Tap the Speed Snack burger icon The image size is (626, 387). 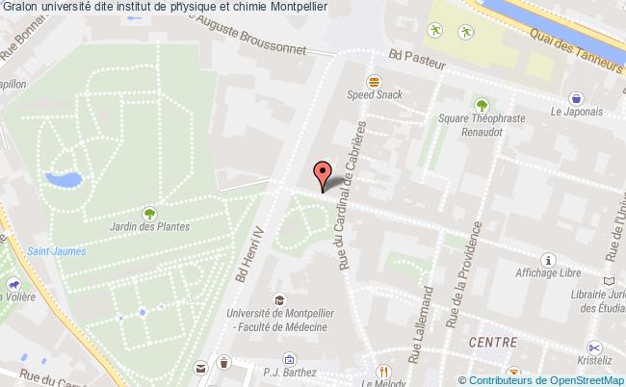click(x=373, y=81)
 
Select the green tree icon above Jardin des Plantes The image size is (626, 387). click(x=149, y=212)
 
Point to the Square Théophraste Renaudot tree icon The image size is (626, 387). click(x=481, y=105)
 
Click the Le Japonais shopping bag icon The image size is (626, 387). click(x=576, y=97)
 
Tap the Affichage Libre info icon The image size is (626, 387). click(x=549, y=260)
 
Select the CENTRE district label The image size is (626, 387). click(x=492, y=342)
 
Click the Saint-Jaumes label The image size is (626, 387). click(x=56, y=251)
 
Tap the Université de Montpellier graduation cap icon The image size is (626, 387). click(x=278, y=299)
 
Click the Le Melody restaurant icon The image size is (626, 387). click(x=382, y=371)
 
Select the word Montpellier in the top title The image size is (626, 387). click(x=297, y=6)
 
